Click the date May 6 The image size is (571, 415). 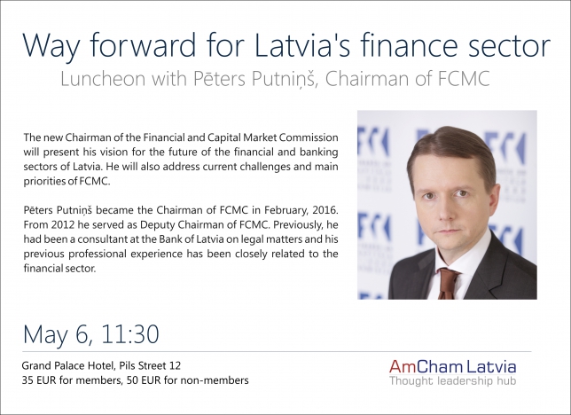tap(58, 334)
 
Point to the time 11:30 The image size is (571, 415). tap(130, 334)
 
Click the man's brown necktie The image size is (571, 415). tap(448, 283)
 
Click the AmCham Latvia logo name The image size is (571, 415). tap(452, 366)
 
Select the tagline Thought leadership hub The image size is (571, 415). tap(453, 381)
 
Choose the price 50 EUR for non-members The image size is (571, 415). tap(188, 380)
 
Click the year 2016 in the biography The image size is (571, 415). tap(325, 210)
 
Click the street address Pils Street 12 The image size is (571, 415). tap(150, 365)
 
